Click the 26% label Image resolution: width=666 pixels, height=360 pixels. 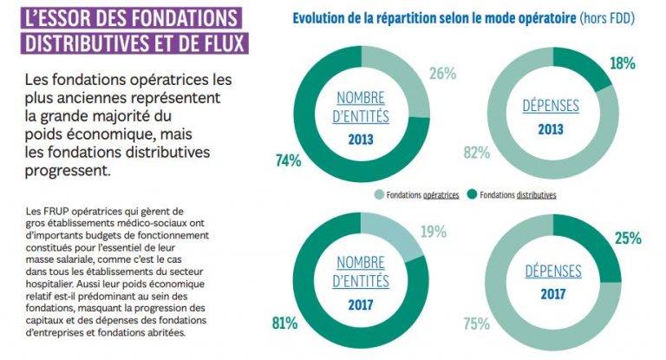pyautogui.click(x=442, y=74)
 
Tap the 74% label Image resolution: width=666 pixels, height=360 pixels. pyautogui.click(x=289, y=160)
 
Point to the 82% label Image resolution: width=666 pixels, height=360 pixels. pyautogui.click(x=476, y=153)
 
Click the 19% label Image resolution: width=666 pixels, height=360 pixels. pyautogui.click(x=434, y=232)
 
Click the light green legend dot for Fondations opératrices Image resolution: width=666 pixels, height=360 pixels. pyautogui.click(x=379, y=195)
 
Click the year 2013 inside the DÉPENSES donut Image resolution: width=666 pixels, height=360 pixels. pyautogui.click(x=552, y=127)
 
